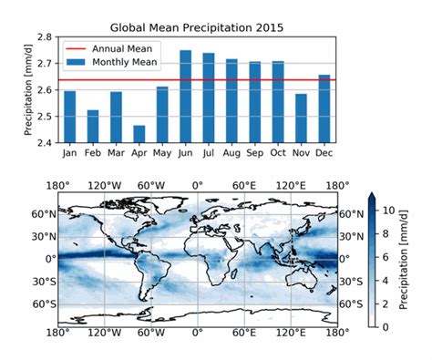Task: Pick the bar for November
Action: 302,118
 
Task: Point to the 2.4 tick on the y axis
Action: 45,142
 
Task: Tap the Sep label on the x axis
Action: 255,152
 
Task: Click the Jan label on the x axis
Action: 70,152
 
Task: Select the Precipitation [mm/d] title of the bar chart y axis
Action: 27,90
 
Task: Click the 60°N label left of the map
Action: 44,214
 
